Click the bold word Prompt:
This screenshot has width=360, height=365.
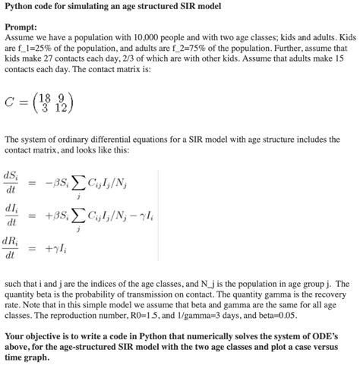point(22,27)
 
